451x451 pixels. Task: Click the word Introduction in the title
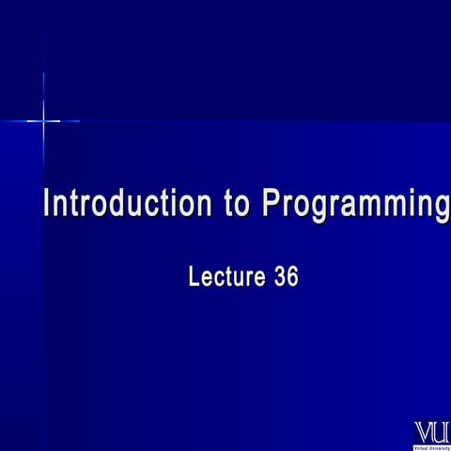128,205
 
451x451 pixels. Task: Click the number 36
287,277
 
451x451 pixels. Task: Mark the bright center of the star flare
43,120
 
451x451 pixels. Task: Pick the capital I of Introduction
48,205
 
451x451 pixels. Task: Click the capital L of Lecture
194,277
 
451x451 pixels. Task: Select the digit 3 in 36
280,277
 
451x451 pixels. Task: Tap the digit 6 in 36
293,277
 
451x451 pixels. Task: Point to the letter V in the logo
424,432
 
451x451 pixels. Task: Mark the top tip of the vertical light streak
43,73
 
